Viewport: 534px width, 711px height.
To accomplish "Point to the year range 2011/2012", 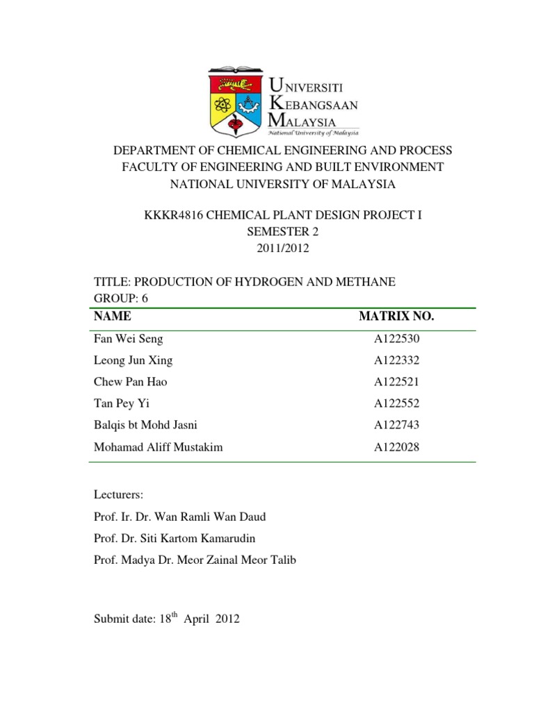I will tap(266, 248).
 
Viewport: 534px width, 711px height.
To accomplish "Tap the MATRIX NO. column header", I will tap(396, 317).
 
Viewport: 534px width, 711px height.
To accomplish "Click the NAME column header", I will tap(112, 317).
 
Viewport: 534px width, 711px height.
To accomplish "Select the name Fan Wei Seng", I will tap(129, 339).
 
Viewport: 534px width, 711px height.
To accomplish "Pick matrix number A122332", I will tap(396, 360).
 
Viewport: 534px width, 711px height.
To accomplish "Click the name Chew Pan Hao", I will tap(130, 382).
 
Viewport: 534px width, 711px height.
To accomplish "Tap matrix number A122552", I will tap(396, 403).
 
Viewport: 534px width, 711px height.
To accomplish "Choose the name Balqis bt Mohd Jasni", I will tap(150, 425).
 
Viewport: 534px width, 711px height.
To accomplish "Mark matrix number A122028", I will tap(396, 447).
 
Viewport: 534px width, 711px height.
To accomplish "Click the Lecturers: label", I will tap(118, 495).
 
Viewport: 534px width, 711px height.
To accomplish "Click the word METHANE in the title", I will tap(369, 281).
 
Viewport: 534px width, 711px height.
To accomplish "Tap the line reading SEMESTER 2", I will tap(266, 232).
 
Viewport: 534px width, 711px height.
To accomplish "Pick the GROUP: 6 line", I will tap(121, 297).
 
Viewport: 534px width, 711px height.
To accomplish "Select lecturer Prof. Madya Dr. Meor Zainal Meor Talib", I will tap(195, 560).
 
